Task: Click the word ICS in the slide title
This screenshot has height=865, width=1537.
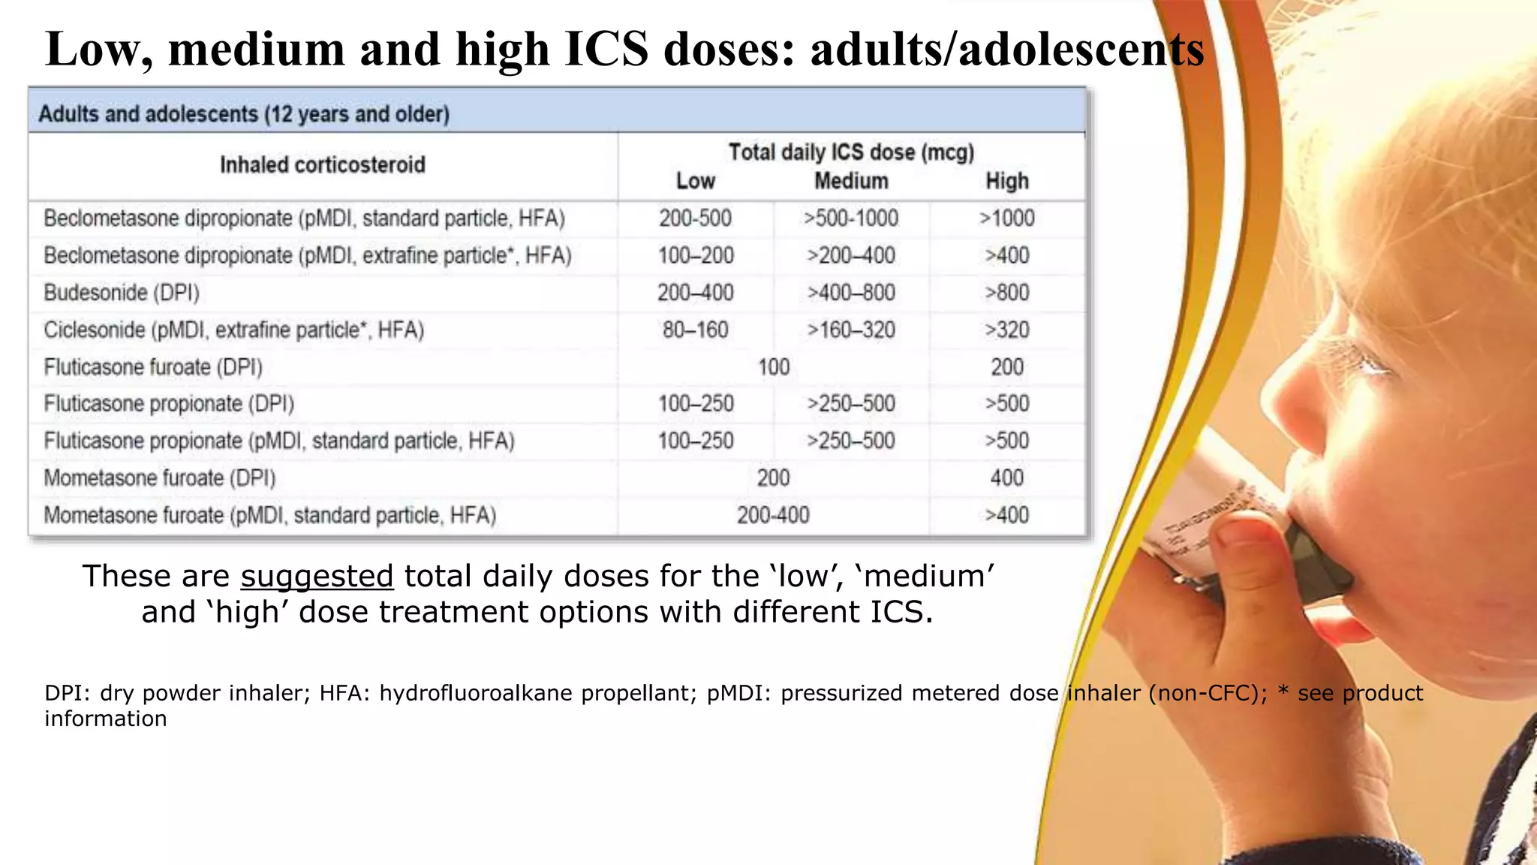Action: (606, 50)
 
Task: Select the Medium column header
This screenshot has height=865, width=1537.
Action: (851, 181)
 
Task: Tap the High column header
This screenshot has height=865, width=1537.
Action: (1006, 181)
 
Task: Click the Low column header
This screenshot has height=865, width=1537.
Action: (695, 181)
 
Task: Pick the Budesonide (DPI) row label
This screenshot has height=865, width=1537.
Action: (122, 293)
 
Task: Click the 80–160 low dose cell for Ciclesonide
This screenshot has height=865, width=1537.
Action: (695, 330)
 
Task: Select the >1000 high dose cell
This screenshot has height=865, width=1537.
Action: (1006, 219)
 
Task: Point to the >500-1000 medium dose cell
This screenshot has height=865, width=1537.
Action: (851, 219)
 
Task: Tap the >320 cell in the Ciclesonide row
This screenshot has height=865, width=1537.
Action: (1006, 330)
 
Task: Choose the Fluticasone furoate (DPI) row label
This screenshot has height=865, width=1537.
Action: (153, 367)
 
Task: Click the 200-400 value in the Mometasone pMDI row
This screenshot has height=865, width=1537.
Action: (773, 515)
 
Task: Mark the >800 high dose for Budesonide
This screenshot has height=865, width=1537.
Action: (1006, 293)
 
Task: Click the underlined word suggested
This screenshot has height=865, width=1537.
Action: (317, 577)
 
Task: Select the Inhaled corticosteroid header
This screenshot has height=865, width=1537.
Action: (323, 165)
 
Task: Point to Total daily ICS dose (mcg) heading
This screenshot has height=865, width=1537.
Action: (851, 152)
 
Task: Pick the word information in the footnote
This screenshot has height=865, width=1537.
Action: (106, 719)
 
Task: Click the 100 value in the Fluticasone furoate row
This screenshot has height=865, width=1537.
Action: (773, 367)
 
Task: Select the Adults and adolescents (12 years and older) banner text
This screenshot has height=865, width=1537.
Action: (244, 114)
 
